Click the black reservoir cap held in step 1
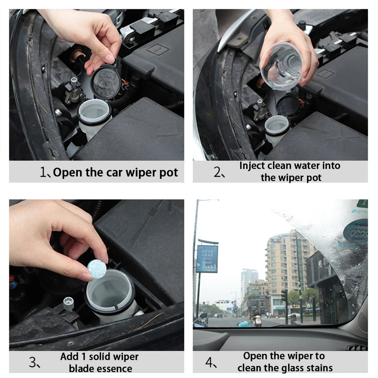pos(105,81)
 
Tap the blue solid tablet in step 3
pos(97,269)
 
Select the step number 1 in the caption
pos(43,172)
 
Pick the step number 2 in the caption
pos(218,172)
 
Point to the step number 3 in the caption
pos(33,363)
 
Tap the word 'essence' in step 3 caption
pos(114,369)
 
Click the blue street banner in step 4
pos(207,259)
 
